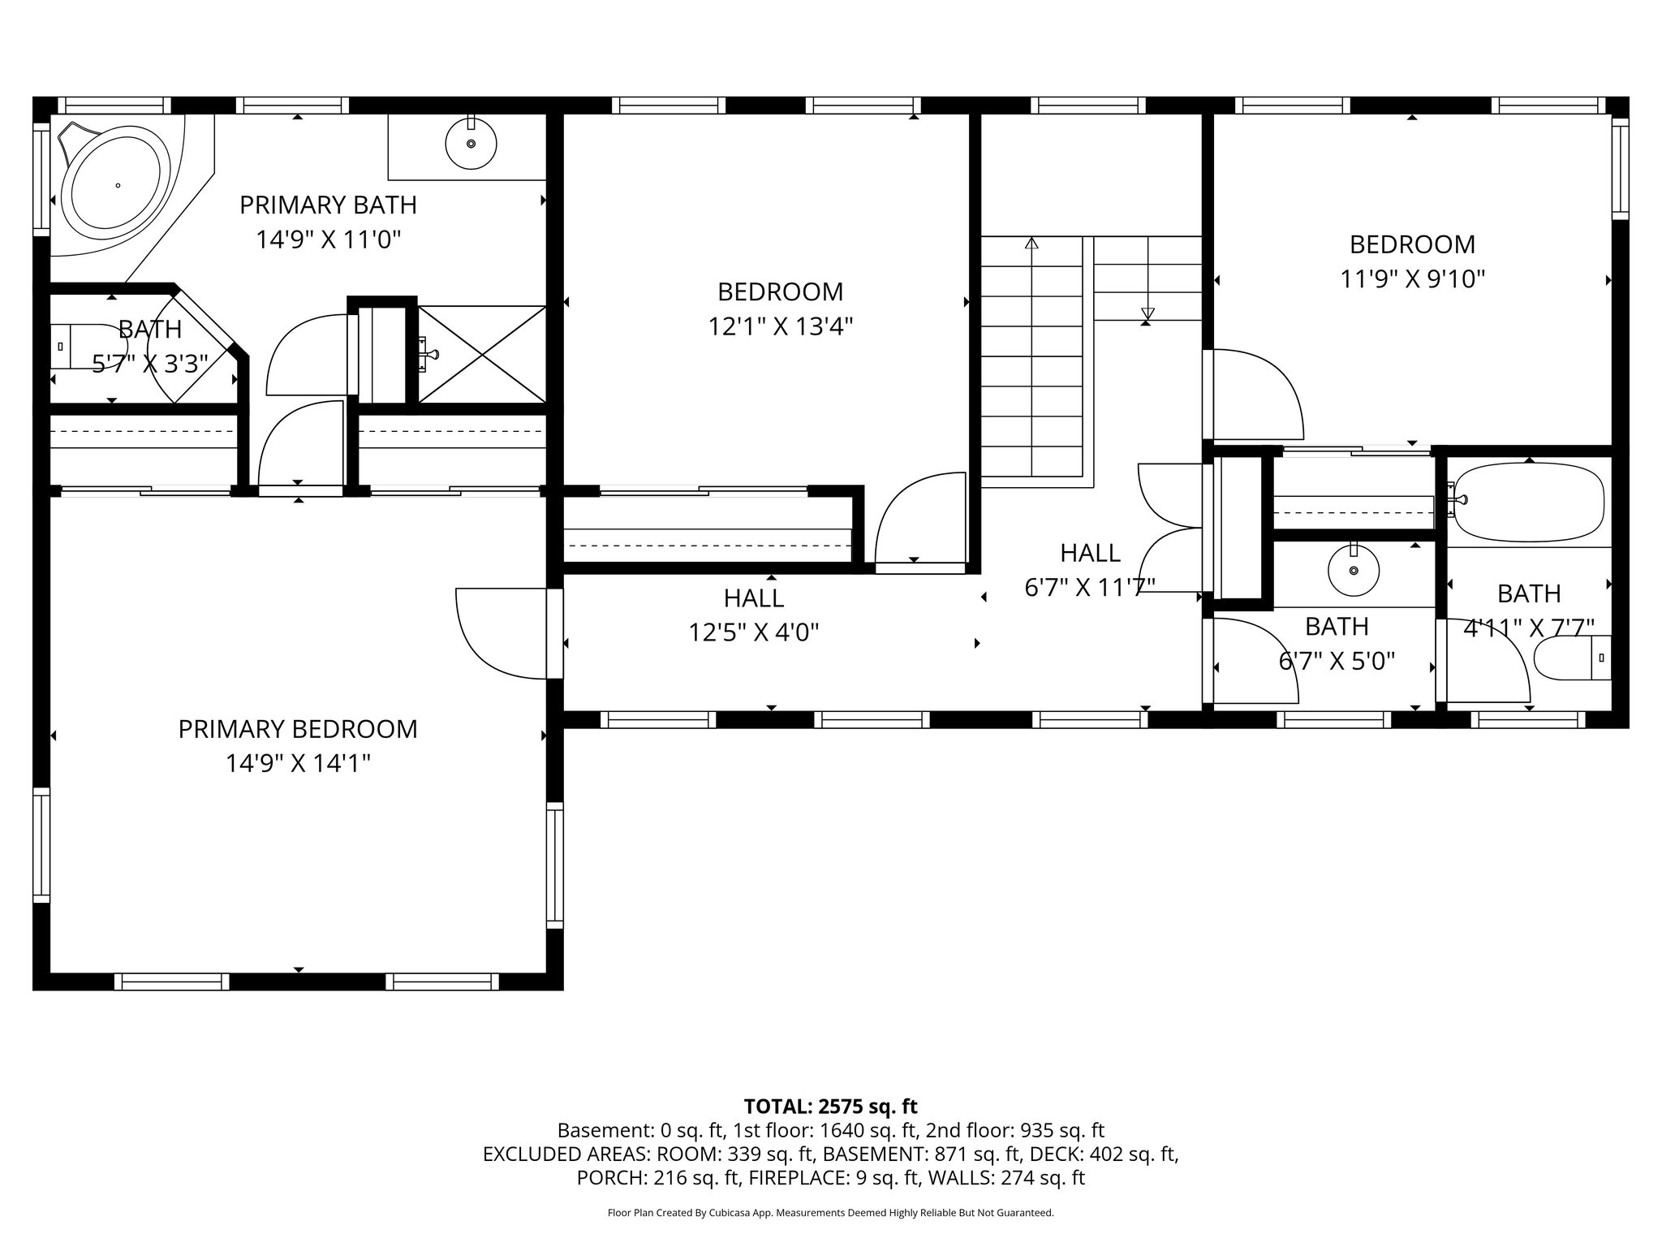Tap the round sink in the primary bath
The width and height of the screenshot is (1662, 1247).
click(x=471, y=144)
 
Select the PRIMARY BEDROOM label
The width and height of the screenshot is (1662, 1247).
click(x=298, y=729)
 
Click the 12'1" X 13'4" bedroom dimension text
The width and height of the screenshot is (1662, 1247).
click(x=780, y=326)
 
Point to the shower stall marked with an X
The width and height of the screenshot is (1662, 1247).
click(x=482, y=354)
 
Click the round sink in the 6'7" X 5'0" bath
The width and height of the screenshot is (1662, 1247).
click(x=1353, y=570)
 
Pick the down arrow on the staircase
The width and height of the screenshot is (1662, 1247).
click(x=1147, y=313)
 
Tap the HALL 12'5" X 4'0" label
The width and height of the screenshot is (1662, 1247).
click(x=754, y=615)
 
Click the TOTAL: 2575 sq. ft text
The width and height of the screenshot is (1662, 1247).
click(x=830, y=1106)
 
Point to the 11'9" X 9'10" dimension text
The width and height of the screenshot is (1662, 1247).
click(x=1412, y=279)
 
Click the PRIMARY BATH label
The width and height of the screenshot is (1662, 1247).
click(x=328, y=205)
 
